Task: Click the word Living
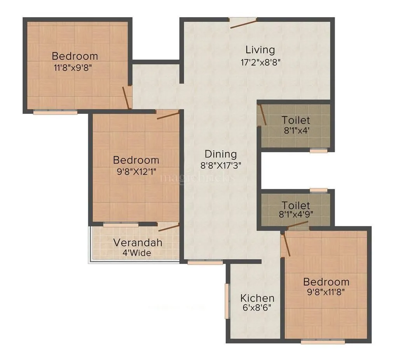coord(260,50)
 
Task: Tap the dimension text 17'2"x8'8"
coord(260,61)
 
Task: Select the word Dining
coord(221,154)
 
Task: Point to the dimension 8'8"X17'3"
coord(221,165)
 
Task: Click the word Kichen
coord(257,298)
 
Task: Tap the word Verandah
coord(138,243)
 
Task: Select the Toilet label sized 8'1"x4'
coord(296,120)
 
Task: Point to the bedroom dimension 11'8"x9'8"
coord(75,66)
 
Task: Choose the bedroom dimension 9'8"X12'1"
coord(136,170)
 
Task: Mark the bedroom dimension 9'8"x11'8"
coord(326,292)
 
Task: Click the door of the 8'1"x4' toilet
coord(262,115)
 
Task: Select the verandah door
coord(169,227)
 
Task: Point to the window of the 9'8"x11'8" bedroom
coord(323,342)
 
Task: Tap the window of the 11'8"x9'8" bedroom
coord(55,112)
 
